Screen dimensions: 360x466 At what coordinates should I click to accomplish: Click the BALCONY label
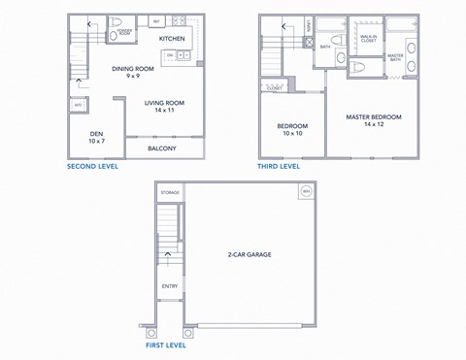(x=161, y=148)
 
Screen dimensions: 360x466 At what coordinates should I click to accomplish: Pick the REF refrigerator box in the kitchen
(x=155, y=20)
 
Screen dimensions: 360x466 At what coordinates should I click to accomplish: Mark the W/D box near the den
(x=77, y=105)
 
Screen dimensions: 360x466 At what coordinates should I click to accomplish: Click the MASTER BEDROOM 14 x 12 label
(x=374, y=120)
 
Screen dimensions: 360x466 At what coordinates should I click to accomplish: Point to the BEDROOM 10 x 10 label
(x=292, y=130)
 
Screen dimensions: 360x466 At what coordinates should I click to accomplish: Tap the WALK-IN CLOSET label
(x=367, y=39)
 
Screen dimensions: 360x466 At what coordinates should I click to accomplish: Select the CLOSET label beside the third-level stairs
(x=274, y=87)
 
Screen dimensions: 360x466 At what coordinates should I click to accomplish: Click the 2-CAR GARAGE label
(x=250, y=254)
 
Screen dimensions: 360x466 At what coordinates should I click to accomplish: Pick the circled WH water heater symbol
(x=306, y=191)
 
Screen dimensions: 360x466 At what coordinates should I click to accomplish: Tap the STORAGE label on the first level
(x=170, y=193)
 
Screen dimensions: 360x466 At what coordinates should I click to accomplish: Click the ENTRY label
(x=170, y=285)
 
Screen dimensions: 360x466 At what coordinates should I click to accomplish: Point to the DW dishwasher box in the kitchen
(x=169, y=55)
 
